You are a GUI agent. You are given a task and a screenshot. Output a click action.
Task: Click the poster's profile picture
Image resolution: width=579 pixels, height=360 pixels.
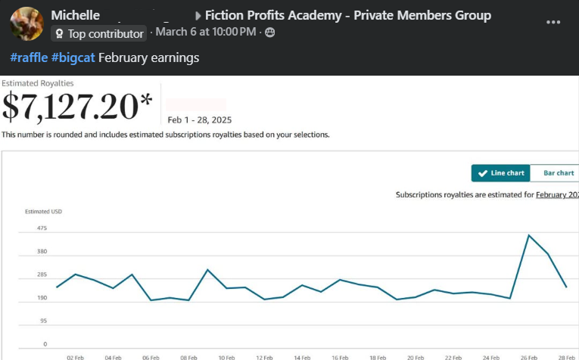pos(26,23)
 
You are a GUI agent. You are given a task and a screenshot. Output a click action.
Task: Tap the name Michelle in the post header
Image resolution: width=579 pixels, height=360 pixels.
pos(75,15)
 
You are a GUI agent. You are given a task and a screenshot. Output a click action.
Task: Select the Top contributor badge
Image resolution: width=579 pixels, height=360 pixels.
pos(98,33)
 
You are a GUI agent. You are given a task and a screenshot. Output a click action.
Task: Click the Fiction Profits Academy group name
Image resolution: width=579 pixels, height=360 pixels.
pos(347,15)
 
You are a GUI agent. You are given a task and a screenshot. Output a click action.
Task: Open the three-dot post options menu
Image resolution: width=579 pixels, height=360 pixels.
pos(553,23)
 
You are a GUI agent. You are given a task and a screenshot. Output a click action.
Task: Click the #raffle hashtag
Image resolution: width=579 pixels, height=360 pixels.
pos(28,57)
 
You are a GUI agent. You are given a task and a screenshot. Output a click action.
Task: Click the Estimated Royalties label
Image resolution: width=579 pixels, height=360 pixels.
pos(38,83)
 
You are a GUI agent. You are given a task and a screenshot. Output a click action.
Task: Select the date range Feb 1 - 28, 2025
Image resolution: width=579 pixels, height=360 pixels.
pos(200,119)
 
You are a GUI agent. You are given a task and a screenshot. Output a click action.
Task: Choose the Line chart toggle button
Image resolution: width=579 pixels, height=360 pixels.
pos(500,173)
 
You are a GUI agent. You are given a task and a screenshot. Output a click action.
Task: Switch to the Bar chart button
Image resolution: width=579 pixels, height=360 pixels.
pos(558,173)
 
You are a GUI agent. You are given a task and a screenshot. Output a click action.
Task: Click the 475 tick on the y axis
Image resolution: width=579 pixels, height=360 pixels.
pos(42,228)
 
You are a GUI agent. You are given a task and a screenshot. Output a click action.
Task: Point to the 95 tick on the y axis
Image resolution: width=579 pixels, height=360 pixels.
pos(43,321)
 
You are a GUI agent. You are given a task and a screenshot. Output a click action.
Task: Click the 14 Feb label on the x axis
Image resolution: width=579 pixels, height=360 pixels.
pos(302,357)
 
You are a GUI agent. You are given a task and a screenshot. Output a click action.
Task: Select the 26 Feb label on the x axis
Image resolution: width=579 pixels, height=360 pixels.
pos(528,357)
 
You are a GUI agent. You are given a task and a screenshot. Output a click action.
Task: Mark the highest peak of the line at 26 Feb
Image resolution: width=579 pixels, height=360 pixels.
pos(529,235)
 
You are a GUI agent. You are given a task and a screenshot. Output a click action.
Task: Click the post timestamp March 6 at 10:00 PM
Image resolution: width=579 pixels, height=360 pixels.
pos(206,32)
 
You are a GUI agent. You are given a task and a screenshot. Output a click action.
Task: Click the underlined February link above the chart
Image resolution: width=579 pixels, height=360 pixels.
pos(557,194)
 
